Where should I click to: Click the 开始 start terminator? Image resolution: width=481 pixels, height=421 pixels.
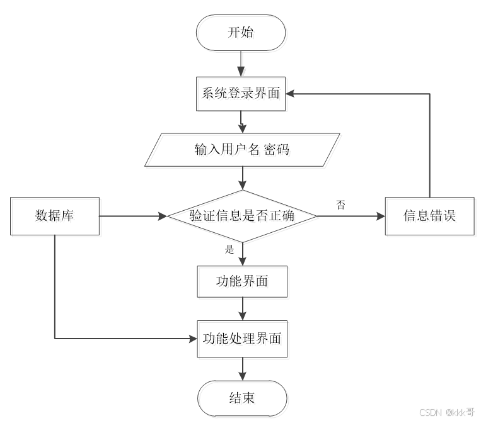pos(241,33)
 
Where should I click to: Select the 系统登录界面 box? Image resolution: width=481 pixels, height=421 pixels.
pos(241,94)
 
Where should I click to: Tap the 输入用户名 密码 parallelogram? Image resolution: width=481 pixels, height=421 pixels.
pos(241,150)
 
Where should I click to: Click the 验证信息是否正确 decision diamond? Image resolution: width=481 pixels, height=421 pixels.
pos(242,216)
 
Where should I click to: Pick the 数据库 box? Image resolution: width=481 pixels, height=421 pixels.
pos(55,216)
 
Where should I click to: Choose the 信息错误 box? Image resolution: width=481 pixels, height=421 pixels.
pos(429,216)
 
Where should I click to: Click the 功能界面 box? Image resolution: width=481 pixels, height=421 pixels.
pos(242,281)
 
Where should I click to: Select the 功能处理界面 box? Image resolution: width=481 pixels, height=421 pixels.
pos(242,339)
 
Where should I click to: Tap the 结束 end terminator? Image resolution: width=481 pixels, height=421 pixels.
pos(242,398)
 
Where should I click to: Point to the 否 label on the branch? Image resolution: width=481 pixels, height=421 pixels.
pos(341,204)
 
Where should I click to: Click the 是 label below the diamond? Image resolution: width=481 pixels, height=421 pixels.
pos(229,249)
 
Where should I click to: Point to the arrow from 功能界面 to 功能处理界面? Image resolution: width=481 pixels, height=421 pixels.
pos(242,309)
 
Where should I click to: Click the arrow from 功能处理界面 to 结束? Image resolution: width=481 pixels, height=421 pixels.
pos(242,368)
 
